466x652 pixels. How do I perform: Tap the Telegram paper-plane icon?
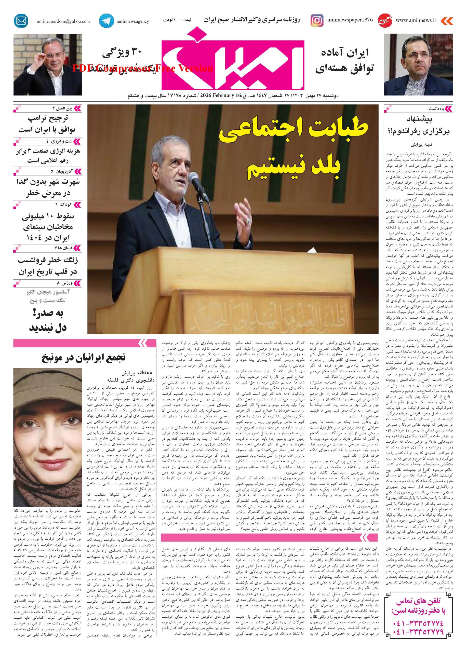click(106, 21)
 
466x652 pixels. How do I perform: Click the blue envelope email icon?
click(21, 21)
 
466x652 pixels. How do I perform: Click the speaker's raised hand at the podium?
click(245, 209)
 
